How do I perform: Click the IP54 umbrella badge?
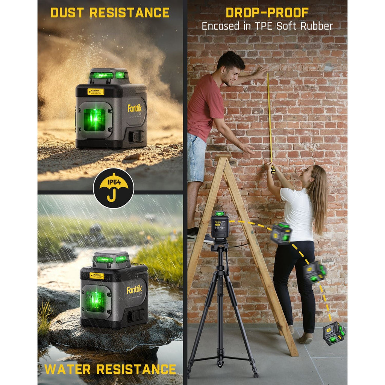coord(114,188)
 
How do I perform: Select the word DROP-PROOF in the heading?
coord(267,12)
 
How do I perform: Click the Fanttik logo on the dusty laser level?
coord(134,108)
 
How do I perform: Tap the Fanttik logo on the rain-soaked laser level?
coord(134,290)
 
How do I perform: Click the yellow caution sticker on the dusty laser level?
coord(96,91)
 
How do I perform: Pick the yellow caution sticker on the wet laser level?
coord(97,276)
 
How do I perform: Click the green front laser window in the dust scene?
coord(94,120)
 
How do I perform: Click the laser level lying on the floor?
coord(333,333)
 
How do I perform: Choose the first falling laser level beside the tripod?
coord(281,233)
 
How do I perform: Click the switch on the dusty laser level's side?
coord(136,136)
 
